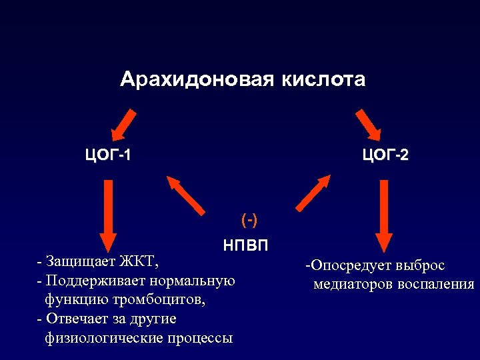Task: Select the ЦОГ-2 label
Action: (385, 156)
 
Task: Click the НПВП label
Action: (247, 245)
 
